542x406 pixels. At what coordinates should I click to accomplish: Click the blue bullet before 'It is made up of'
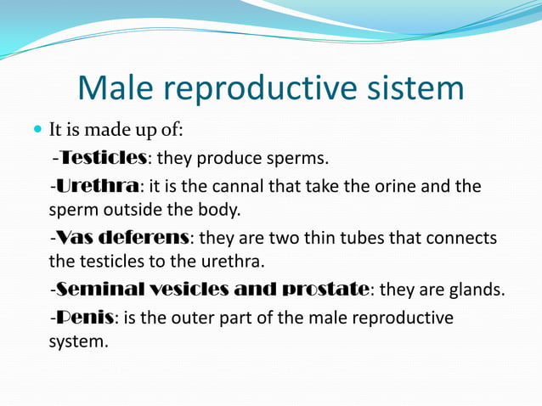pyautogui.click(x=37, y=131)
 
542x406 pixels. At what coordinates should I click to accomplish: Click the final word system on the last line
pyautogui.click(x=76, y=342)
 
